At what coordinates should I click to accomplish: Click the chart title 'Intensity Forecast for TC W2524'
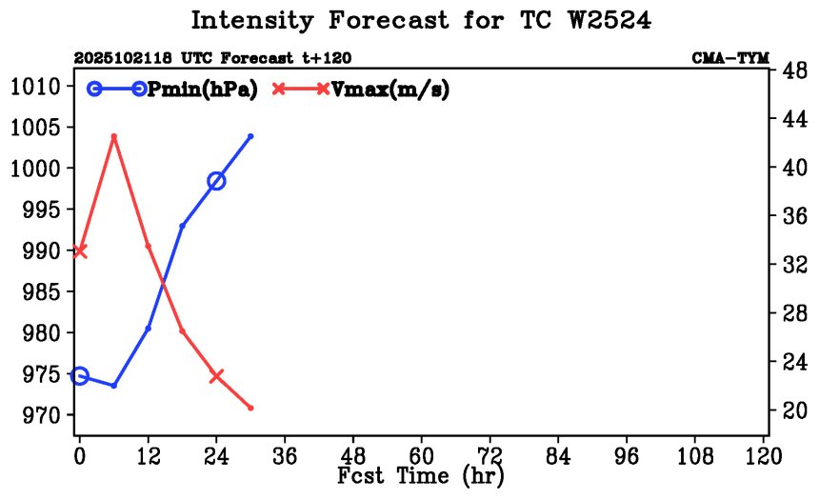(421, 21)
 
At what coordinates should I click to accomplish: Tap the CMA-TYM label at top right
(730, 58)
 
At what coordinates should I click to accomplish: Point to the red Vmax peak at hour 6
(114, 137)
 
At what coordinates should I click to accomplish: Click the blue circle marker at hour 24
(216, 181)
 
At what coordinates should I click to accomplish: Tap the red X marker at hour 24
(216, 376)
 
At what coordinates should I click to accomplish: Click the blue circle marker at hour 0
(80, 376)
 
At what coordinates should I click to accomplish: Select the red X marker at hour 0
(80, 250)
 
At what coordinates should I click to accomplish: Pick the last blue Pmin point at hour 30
(250, 136)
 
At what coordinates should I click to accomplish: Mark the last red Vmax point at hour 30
(250, 409)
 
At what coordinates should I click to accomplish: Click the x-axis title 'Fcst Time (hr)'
(421, 475)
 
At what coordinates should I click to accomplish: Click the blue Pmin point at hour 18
(182, 226)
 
